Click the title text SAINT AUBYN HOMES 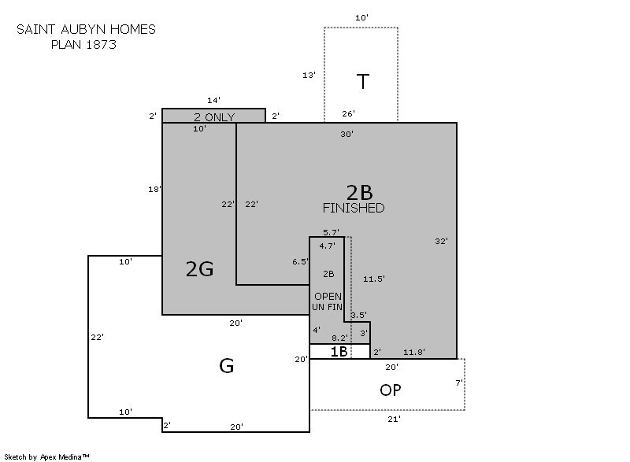pyautogui.click(x=86, y=29)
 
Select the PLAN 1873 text pyautogui.click(x=83, y=44)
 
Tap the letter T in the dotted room pyautogui.click(x=363, y=82)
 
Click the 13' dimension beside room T pyautogui.click(x=309, y=75)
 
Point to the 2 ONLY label pyautogui.click(x=214, y=117)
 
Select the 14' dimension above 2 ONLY pyautogui.click(x=213, y=100)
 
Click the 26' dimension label pyautogui.click(x=348, y=113)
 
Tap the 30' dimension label pyautogui.click(x=346, y=134)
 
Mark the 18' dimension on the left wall pyautogui.click(x=154, y=189)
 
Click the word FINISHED pyautogui.click(x=354, y=208)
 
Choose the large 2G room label pyautogui.click(x=200, y=269)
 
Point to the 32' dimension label pyautogui.click(x=441, y=242)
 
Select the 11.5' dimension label pyautogui.click(x=373, y=279)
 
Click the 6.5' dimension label pyautogui.click(x=300, y=262)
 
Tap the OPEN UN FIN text pyautogui.click(x=328, y=302)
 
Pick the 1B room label pyautogui.click(x=339, y=352)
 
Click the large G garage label pyautogui.click(x=227, y=366)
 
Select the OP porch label pyautogui.click(x=390, y=390)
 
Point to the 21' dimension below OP pyautogui.click(x=395, y=419)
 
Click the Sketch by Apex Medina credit pyautogui.click(x=46, y=456)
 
